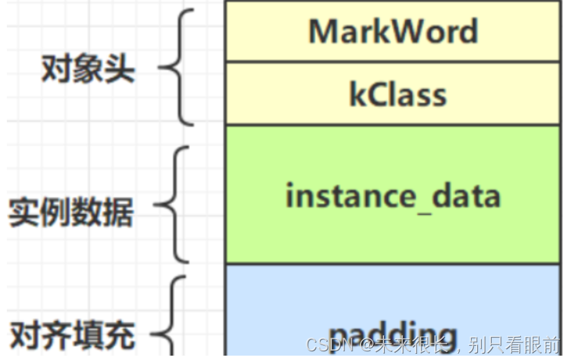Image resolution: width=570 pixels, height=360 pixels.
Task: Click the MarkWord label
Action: tap(393, 31)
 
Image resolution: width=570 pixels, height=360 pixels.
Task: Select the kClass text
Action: tap(398, 95)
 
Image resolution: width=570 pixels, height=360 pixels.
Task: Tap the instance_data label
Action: tap(393, 196)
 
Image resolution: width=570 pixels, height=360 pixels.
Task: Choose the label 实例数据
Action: tap(71, 213)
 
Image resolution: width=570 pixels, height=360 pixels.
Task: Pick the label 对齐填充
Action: tap(73, 336)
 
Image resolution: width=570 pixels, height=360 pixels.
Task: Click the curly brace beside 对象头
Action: tap(177, 67)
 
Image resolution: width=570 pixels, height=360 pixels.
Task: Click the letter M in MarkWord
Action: tap(323, 31)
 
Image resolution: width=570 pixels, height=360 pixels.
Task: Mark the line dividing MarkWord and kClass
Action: tap(393, 62)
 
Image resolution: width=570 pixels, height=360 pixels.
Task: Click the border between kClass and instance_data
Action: tap(393, 125)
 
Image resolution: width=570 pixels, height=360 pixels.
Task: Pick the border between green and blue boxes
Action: tap(393, 264)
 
